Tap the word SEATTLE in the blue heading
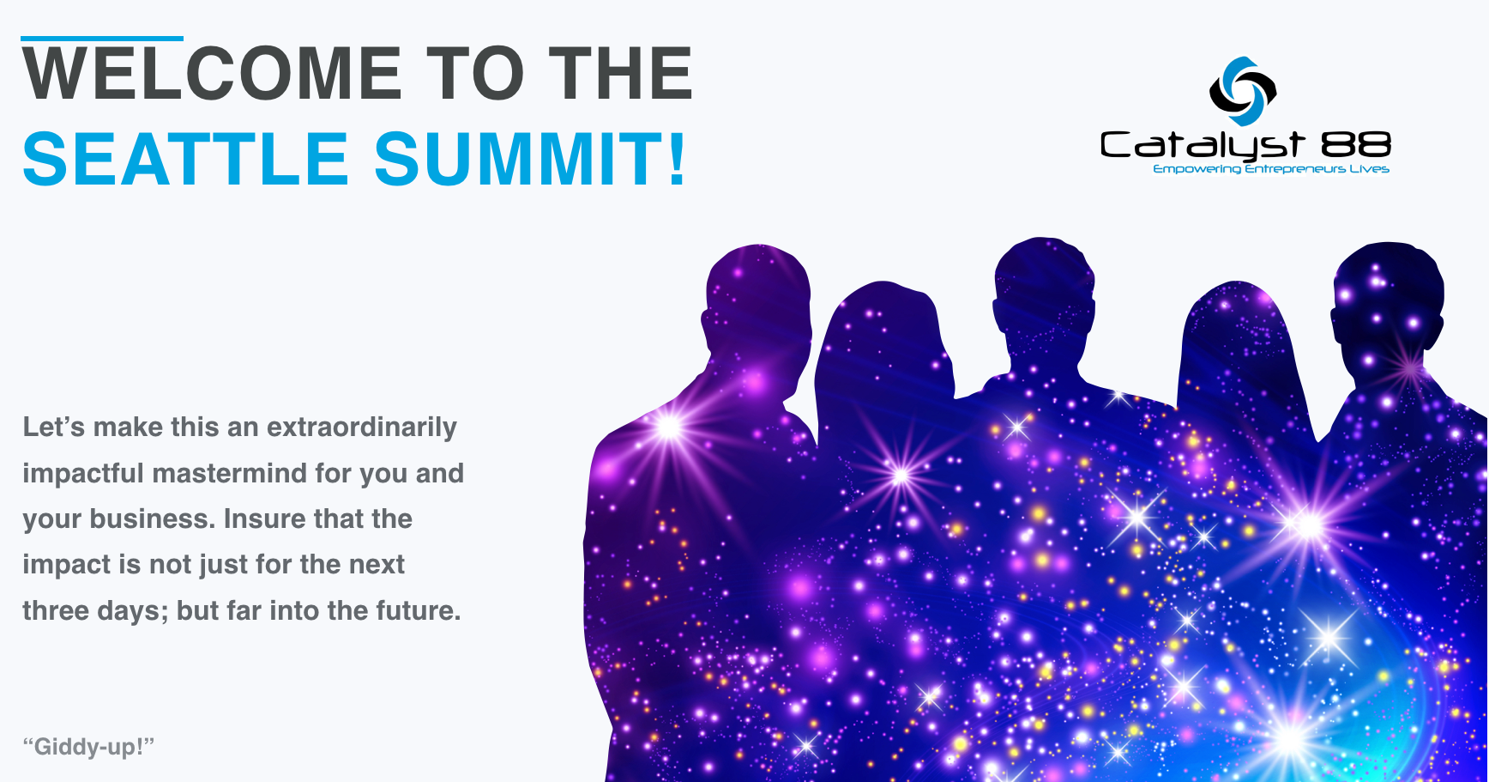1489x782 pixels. [185, 160]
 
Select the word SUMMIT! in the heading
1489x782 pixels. [531, 160]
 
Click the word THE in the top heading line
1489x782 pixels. [620, 74]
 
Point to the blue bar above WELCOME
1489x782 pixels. [102, 39]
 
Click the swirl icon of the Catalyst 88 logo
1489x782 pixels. [1243, 91]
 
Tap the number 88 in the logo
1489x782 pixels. [1356, 144]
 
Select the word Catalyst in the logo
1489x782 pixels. [1203, 145]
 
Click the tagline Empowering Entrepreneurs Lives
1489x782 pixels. [1271, 169]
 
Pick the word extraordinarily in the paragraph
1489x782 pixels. [362, 427]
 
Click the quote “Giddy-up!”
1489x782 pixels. [88, 746]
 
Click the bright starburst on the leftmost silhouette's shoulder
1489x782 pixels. [668, 426]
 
